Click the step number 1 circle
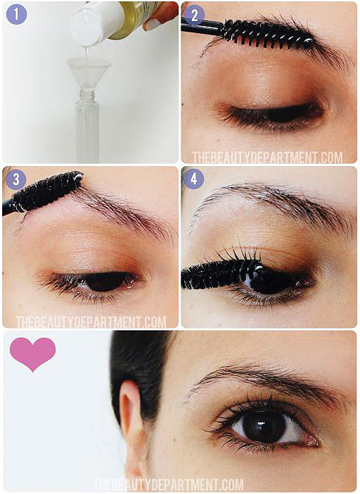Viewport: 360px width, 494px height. pos(16,15)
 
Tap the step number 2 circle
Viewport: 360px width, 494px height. pos(194,15)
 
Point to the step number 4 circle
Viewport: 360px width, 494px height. pos(193,179)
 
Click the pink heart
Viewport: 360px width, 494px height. pos(33,353)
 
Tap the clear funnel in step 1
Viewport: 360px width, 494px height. pos(89,73)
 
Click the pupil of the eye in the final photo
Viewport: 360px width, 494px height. pos(264,426)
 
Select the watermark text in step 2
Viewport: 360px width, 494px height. pos(267,157)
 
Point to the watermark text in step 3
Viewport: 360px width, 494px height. pos(91,322)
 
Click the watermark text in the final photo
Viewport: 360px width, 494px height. pos(169,485)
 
